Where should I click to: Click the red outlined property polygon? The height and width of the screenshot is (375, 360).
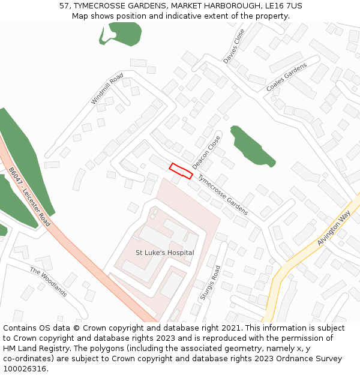point(181,171)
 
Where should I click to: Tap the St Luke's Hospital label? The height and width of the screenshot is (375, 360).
point(164,253)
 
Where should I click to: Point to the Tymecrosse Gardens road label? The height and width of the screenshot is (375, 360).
point(223,195)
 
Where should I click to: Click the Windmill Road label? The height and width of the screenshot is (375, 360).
point(107,89)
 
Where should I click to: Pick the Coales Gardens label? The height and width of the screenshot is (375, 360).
point(286,77)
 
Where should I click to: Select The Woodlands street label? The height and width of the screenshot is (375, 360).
point(48,282)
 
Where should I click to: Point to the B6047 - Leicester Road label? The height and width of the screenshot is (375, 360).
point(29,197)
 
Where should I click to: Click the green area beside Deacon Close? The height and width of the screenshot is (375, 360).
point(251,146)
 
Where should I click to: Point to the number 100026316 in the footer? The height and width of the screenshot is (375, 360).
point(26,369)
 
